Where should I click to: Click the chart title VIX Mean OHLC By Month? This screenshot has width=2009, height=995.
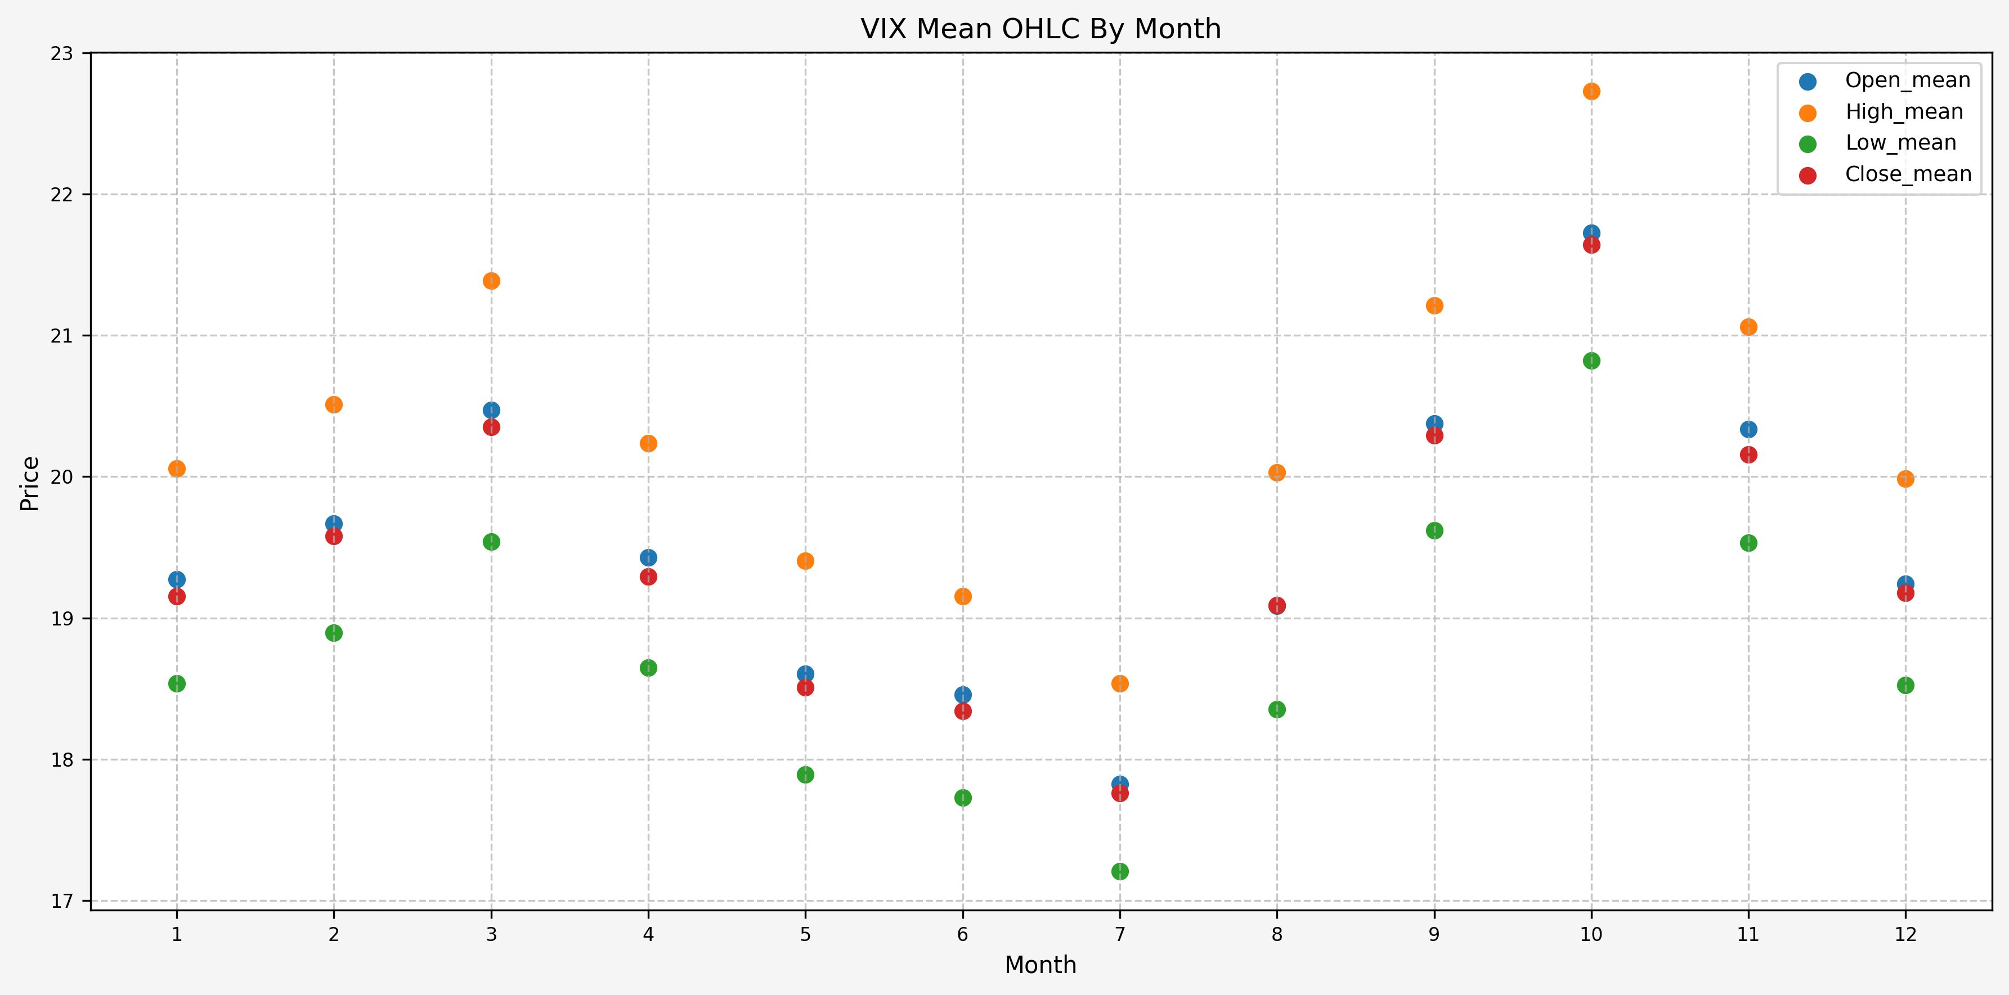point(1041,29)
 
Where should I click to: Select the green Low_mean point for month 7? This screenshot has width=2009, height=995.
point(1120,871)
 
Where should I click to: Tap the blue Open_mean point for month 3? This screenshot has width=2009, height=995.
point(491,410)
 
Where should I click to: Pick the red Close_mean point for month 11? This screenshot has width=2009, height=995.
point(1748,454)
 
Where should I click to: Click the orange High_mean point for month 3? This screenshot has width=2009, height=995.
point(491,281)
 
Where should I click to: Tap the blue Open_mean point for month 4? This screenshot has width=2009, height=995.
point(648,557)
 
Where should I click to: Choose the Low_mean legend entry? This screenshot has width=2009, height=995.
point(1900,143)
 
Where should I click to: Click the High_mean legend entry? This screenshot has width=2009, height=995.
point(1903,111)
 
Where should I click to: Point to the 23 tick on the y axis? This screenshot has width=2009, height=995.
point(61,54)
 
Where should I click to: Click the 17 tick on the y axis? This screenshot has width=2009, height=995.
point(61,902)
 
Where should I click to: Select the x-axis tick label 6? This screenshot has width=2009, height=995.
point(962,934)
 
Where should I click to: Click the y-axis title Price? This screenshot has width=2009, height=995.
point(30,484)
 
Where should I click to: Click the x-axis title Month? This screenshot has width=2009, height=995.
point(1041,965)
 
